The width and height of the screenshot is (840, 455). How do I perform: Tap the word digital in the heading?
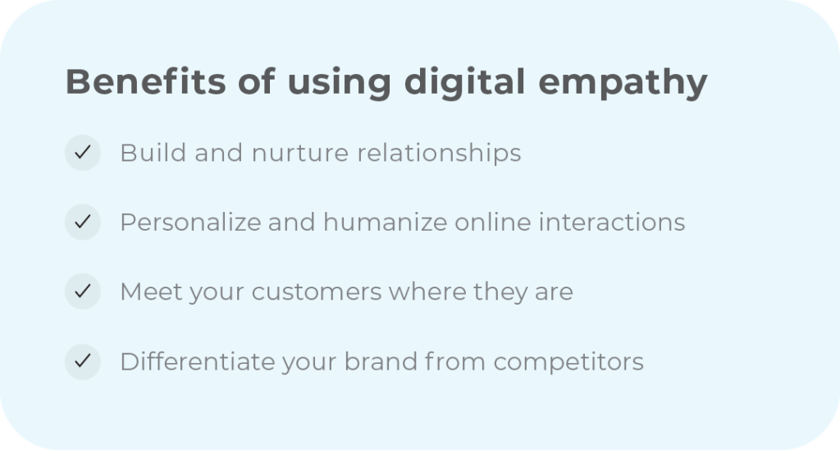(x=464, y=84)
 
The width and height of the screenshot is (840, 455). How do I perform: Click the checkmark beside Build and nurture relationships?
(x=82, y=153)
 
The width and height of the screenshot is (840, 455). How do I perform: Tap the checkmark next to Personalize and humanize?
(x=82, y=223)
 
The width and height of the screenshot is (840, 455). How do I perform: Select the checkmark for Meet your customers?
(x=82, y=292)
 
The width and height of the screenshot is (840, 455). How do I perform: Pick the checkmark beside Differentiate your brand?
(x=82, y=361)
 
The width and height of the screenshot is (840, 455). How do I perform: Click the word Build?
(x=145, y=153)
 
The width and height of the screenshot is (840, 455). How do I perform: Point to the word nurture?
(x=291, y=154)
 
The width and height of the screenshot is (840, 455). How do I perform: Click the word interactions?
(x=612, y=223)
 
